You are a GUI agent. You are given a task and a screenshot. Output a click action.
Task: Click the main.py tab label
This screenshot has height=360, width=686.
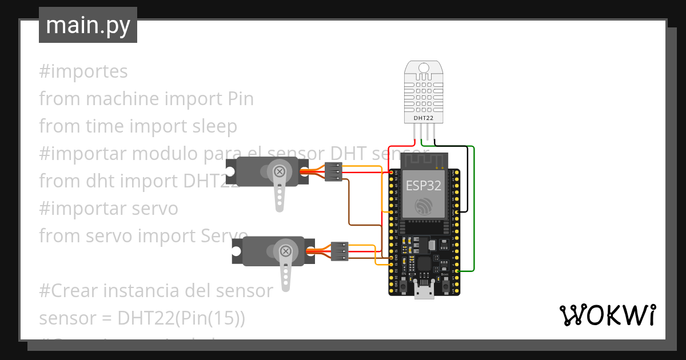(x=88, y=25)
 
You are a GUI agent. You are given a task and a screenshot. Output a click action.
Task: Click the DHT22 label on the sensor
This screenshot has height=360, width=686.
(x=423, y=118)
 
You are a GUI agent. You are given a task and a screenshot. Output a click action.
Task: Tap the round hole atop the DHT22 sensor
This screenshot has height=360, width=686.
(x=424, y=68)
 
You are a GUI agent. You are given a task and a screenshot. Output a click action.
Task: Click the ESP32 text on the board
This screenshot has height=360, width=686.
(x=423, y=185)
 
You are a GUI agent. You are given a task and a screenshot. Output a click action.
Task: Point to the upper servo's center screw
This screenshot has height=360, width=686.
(x=280, y=171)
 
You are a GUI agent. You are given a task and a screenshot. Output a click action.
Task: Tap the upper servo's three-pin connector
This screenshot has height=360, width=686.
(x=334, y=172)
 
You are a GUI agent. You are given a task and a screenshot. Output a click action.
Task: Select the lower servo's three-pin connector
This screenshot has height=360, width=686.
(x=340, y=251)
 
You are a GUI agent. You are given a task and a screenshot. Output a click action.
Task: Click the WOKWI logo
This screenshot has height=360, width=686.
(x=607, y=315)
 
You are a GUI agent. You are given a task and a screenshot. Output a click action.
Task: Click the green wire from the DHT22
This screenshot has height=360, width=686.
(x=474, y=206)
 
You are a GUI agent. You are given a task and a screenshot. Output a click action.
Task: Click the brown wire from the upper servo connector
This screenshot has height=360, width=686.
(x=350, y=206)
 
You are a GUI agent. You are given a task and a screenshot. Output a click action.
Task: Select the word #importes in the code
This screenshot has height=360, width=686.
(x=83, y=71)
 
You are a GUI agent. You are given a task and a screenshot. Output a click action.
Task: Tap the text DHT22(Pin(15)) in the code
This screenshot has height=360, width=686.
(x=181, y=318)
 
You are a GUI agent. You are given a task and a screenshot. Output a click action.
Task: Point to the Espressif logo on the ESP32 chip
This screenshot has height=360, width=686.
(x=423, y=206)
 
